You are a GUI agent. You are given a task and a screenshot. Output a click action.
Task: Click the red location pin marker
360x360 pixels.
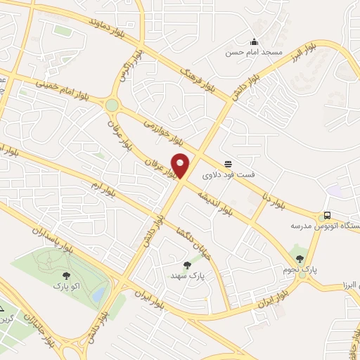[x=181, y=166]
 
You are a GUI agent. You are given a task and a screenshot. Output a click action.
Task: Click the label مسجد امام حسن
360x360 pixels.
[x=253, y=53]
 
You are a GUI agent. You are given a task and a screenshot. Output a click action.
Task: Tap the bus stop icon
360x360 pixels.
[x=326, y=216]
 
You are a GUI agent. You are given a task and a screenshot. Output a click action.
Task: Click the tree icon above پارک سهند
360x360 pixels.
[x=186, y=266]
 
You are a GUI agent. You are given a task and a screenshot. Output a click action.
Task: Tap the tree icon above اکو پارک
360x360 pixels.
[x=66, y=276]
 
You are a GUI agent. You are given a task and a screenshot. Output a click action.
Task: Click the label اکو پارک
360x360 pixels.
[x=66, y=287]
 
